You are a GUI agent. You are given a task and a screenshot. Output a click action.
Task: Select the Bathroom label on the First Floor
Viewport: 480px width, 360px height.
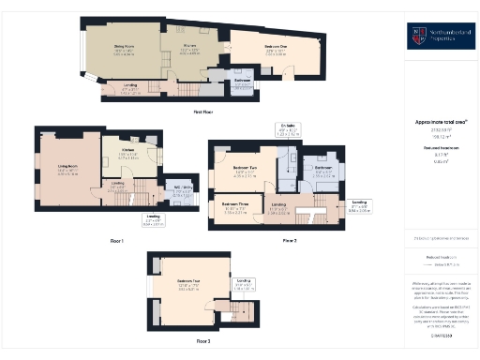(x=241, y=81)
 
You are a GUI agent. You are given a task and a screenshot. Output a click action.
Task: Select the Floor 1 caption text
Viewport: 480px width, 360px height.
(x=116, y=241)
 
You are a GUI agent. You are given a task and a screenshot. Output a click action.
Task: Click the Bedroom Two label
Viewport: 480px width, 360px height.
(x=247, y=172)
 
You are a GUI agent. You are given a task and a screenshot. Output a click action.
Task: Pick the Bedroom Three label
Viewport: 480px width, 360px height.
(x=235, y=204)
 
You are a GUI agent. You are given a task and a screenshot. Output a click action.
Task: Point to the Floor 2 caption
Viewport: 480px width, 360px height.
(x=290, y=241)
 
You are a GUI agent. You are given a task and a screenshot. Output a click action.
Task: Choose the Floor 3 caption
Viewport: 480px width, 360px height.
(x=202, y=342)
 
